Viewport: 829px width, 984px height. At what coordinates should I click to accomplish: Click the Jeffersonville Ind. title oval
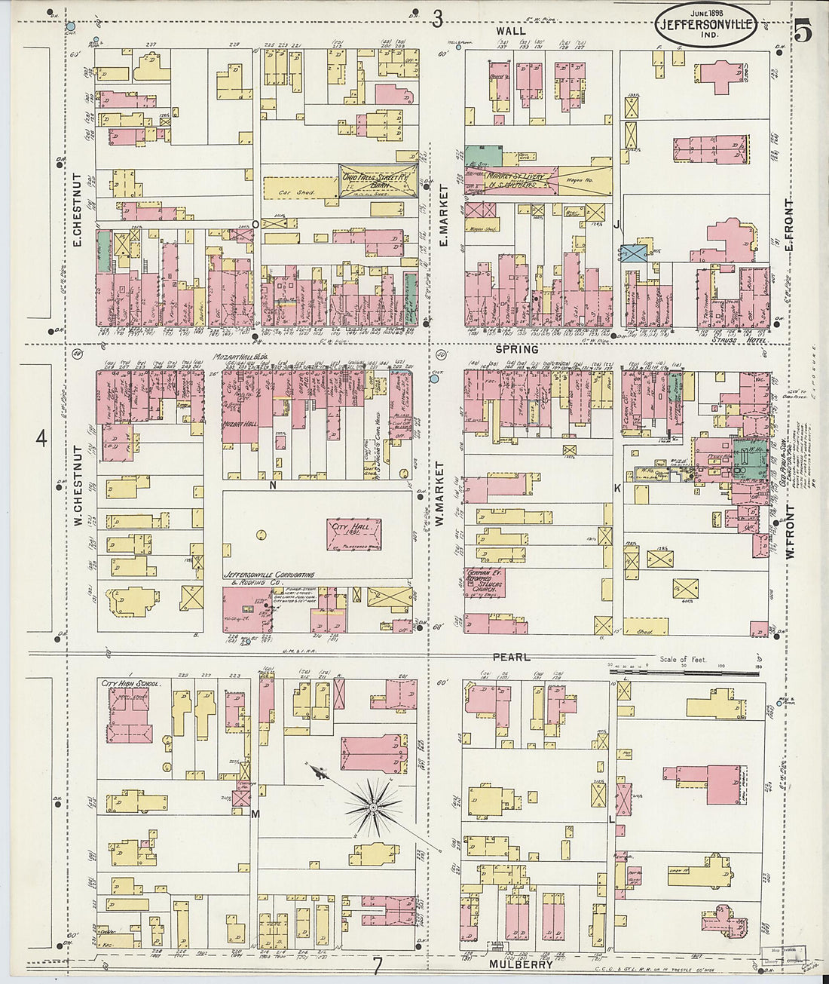coord(705,24)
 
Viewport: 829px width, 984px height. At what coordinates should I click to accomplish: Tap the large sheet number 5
coord(803,32)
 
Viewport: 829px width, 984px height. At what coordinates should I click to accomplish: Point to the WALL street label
coord(510,31)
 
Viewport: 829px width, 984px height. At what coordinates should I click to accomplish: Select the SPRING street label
coord(517,349)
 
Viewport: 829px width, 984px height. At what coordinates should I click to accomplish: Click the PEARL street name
coord(512,657)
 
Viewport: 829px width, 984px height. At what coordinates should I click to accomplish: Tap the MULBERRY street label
coord(521,964)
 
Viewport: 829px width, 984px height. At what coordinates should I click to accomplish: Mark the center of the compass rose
coord(372,809)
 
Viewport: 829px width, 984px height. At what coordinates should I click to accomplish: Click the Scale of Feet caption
coord(684,660)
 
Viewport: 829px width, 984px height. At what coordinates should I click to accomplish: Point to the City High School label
coord(130,683)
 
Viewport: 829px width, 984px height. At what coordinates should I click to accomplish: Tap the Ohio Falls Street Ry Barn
coord(378,182)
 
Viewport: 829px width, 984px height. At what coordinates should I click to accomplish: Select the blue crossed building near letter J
coord(634,253)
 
